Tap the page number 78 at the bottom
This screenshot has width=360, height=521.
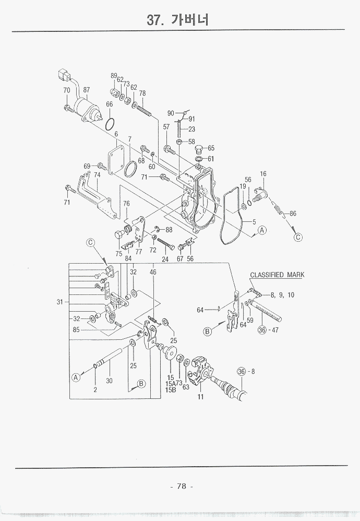coord(181,486)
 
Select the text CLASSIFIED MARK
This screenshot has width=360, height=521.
coord(277,275)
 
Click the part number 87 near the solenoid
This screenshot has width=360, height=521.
coord(87,90)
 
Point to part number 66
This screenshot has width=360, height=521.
coord(109,104)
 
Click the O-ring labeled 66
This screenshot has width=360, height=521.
coord(110,125)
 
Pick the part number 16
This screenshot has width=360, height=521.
coord(263,174)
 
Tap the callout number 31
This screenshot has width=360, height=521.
coord(60,302)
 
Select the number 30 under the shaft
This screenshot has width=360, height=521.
coord(110,381)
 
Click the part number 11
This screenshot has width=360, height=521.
coord(200,397)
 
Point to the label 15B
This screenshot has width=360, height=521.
coord(170,390)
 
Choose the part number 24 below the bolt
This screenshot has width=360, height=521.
coord(165,259)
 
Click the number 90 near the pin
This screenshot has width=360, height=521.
coord(171,113)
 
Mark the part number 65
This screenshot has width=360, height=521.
coord(211,148)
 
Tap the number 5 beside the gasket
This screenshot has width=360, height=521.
coord(254,222)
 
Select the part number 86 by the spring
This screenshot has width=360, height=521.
coord(293,214)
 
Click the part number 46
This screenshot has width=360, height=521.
coord(153,272)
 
